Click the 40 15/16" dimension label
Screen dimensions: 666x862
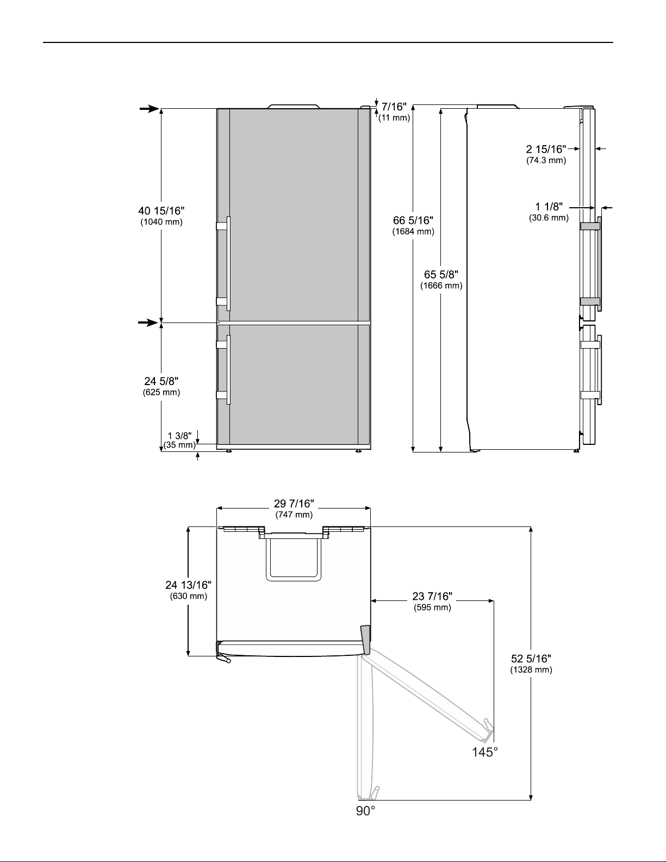tap(161, 210)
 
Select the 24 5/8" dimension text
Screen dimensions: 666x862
tap(161, 381)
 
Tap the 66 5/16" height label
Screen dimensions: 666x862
tap(413, 221)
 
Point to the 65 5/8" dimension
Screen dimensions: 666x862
tap(441, 275)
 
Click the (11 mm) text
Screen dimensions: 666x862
tap(394, 118)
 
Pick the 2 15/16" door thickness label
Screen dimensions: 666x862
tap(546, 149)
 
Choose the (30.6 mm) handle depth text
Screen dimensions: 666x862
tap(549, 218)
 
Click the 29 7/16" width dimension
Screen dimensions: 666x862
tap(294, 504)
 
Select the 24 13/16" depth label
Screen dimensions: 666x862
tap(188, 585)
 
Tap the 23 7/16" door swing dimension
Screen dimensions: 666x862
tap(432, 596)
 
